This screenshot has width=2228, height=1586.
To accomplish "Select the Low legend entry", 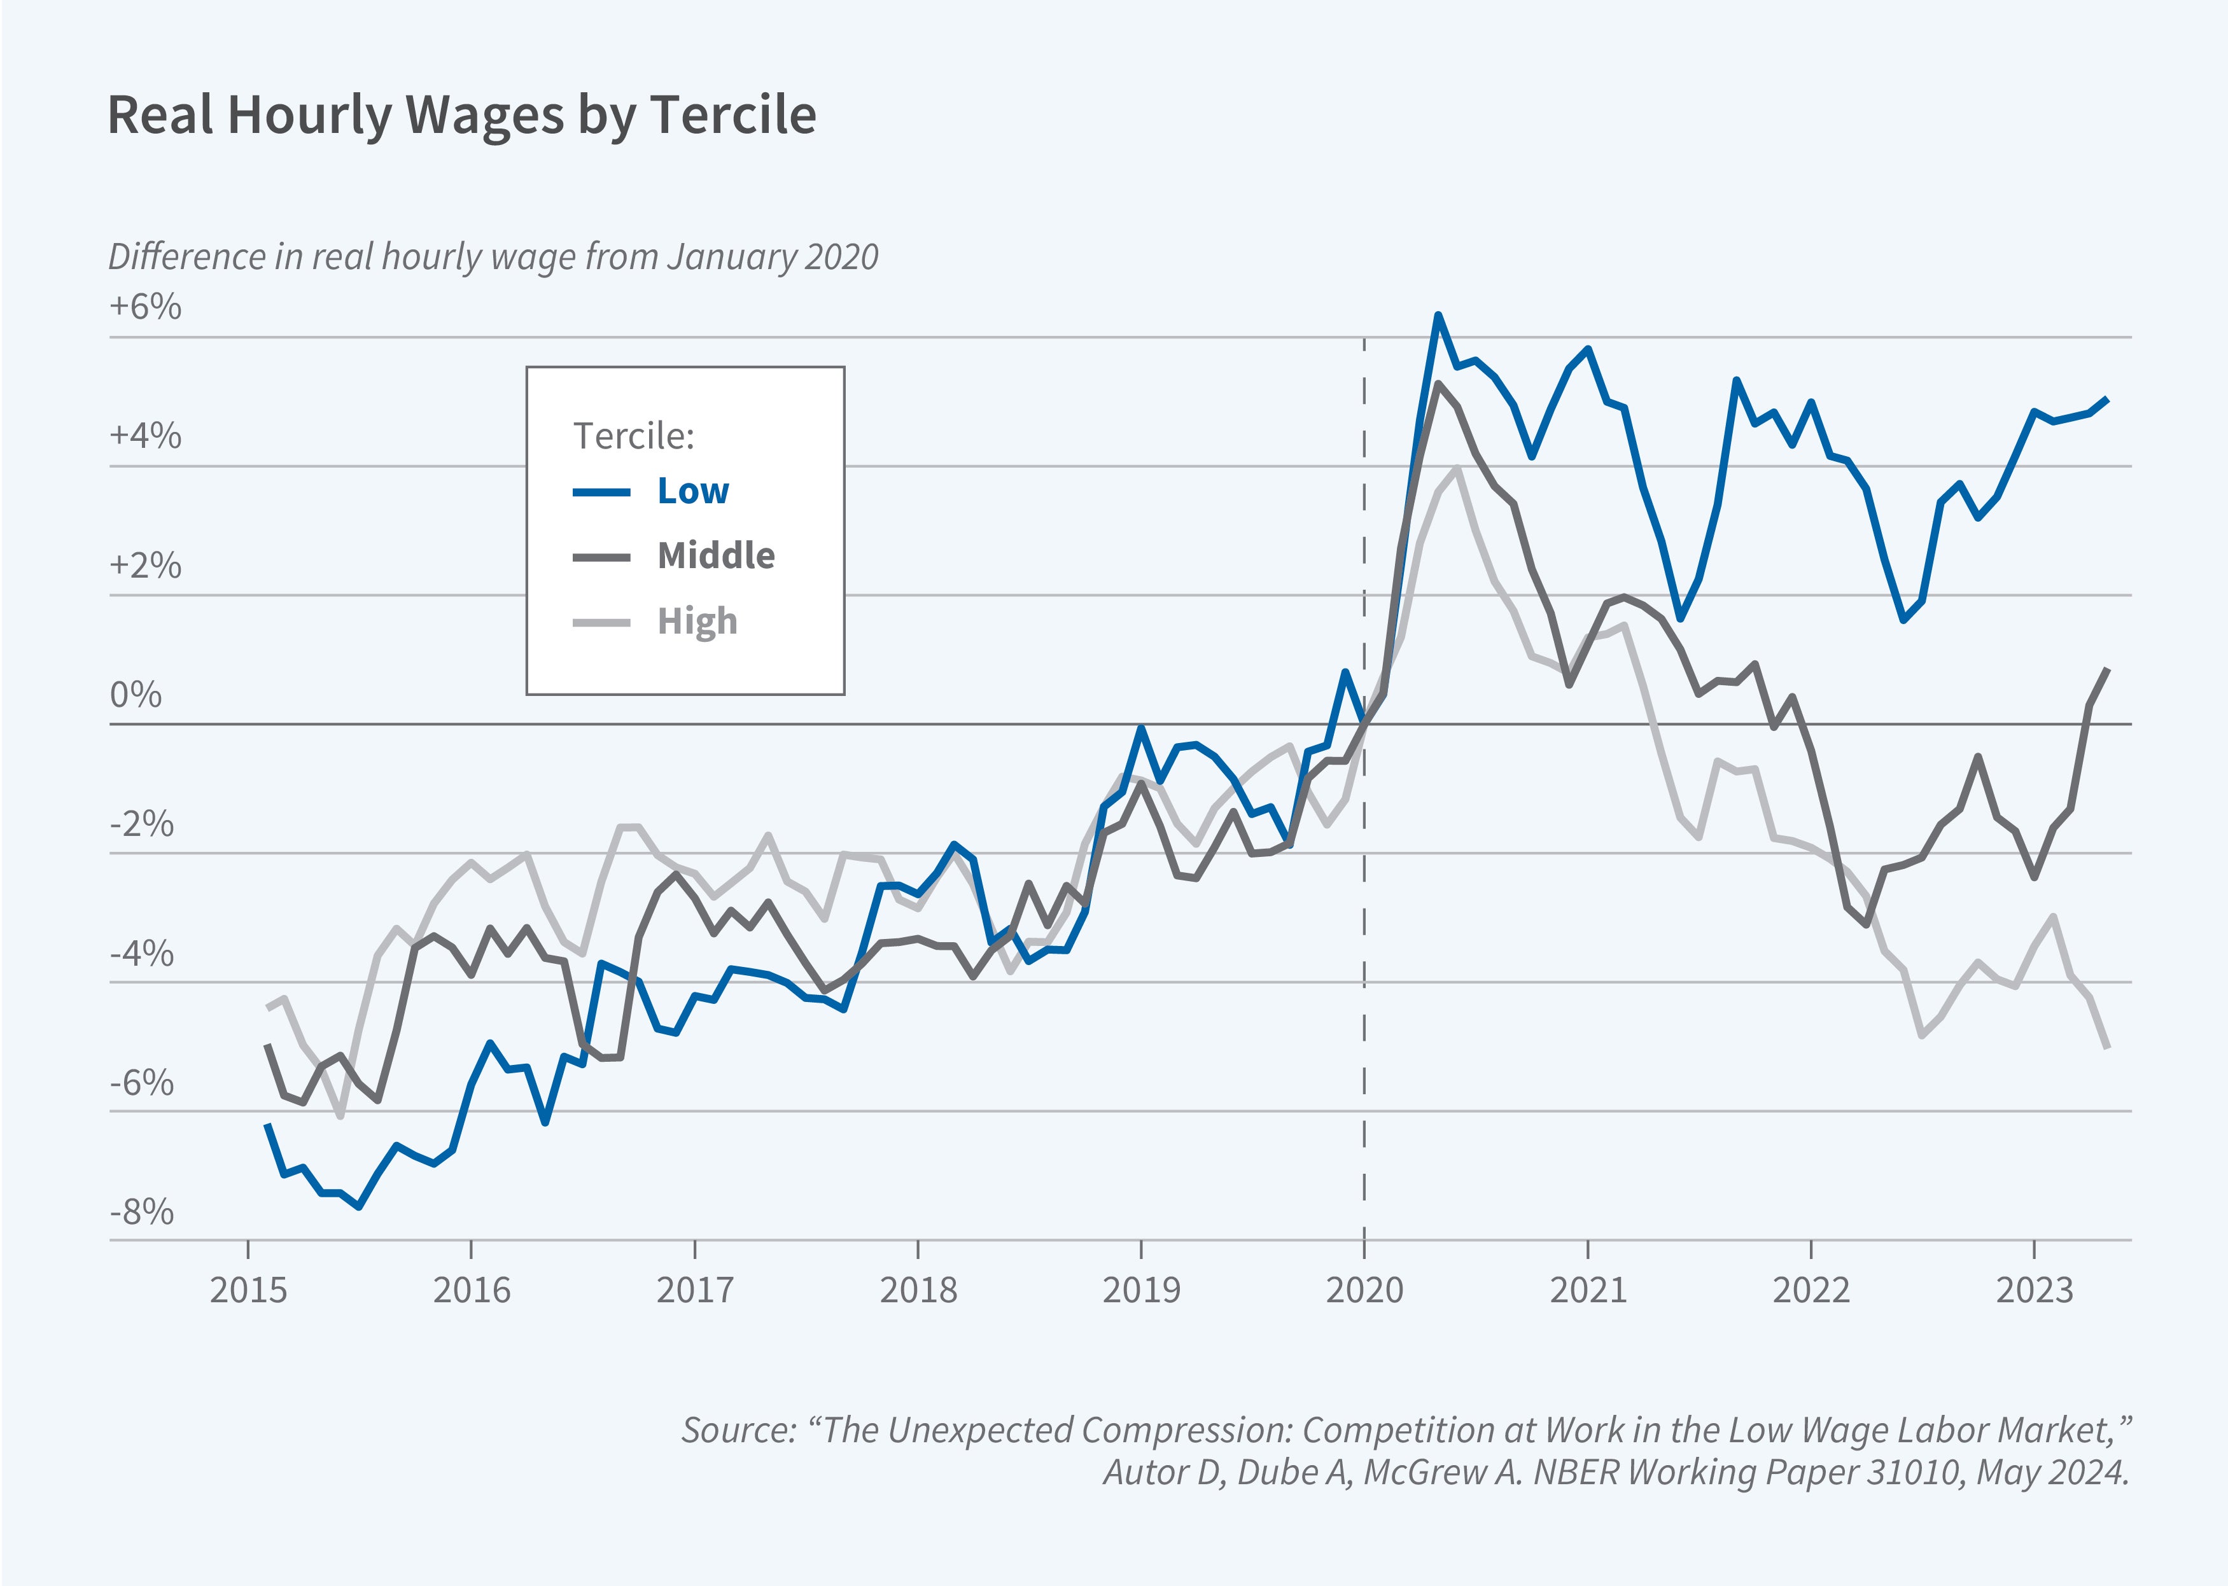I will click(692, 491).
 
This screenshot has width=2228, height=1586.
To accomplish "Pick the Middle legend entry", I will click(715, 555).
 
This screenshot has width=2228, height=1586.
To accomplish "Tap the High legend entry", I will click(696, 621).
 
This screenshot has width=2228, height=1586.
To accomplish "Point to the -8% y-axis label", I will click(142, 1212).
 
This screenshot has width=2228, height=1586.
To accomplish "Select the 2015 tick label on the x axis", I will click(248, 1290).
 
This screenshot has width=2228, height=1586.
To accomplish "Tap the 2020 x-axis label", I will click(1364, 1290).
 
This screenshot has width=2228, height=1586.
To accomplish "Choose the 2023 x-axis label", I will click(2034, 1290).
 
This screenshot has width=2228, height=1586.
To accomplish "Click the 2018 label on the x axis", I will click(918, 1290).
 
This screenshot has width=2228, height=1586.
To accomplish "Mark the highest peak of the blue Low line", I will click(1438, 316).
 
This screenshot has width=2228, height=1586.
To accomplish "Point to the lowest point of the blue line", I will click(360, 1207).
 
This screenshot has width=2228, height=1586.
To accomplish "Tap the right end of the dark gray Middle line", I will click(2108, 669).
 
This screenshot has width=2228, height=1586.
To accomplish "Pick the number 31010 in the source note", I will click(1914, 1471).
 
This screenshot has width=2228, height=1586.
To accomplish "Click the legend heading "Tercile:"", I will click(633, 436).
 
